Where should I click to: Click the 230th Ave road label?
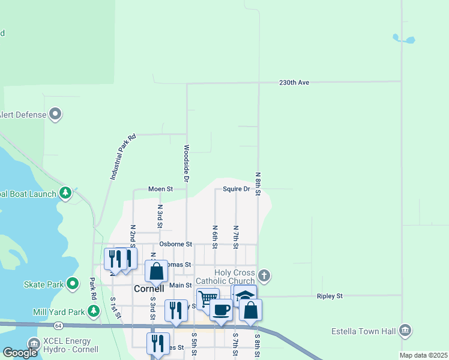tap(294, 82)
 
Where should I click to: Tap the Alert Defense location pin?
tap(56, 113)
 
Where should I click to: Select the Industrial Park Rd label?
tap(123, 157)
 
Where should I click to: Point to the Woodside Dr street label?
tap(187, 163)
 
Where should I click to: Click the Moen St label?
tap(160, 189)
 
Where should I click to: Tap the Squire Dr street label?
tap(236, 189)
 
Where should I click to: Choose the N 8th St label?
tap(258, 184)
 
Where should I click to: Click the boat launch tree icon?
tap(66, 193)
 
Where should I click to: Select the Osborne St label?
tap(175, 244)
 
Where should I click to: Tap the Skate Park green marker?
tap(73, 283)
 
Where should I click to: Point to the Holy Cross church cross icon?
tap(264, 277)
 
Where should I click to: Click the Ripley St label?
tap(330, 296)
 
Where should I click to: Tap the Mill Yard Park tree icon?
tap(94, 311)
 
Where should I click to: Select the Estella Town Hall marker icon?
tap(405, 331)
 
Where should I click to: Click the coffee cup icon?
tap(221, 310)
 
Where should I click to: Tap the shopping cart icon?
tap(208, 298)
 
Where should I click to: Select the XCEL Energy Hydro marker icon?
tap(34, 344)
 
